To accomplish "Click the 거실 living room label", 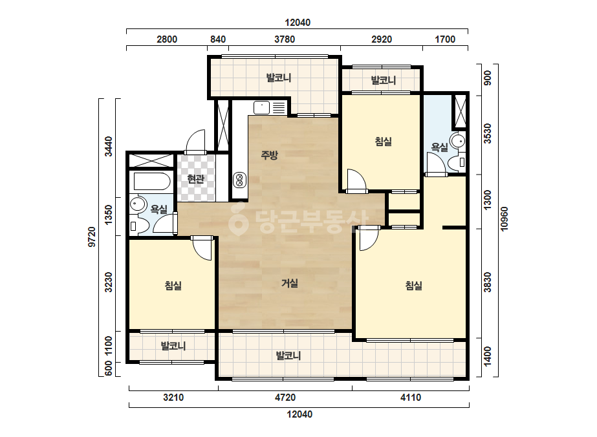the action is tap(290, 283).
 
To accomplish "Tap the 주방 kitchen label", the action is tap(269, 155).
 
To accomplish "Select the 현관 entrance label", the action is tap(196, 178).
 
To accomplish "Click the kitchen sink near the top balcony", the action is tap(261, 107).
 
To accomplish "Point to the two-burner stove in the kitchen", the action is tap(239, 180).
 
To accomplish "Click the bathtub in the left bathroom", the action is tap(151, 182).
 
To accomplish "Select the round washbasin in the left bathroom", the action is tap(137, 204).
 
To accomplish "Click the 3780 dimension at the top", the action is tap(285, 39).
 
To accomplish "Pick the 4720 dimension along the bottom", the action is tap(285, 398).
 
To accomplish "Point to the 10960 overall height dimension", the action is tap(504, 218).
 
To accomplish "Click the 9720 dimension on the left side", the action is tap(92, 237).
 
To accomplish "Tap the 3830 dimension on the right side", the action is tap(487, 282).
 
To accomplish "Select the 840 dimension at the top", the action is tap(218, 39).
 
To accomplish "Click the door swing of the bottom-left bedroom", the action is tap(202, 249).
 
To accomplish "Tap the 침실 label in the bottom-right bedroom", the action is tap(413, 286).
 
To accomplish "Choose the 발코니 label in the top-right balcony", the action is tap(384, 80).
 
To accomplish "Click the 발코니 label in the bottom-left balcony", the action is tap(173, 346).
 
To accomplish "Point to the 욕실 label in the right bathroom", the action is tap(439, 147).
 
